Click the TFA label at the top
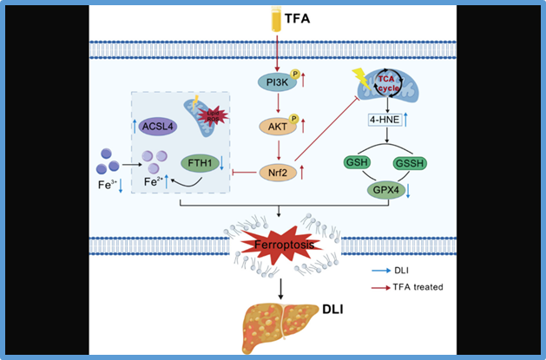click(x=297, y=16)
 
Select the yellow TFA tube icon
click(x=275, y=17)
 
